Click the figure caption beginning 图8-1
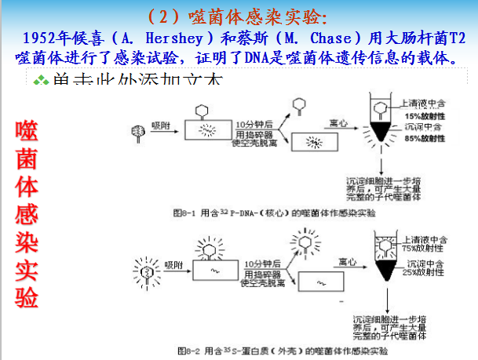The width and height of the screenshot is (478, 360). (x=275, y=212)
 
